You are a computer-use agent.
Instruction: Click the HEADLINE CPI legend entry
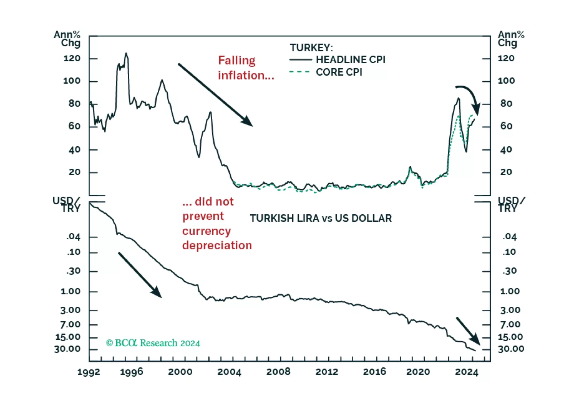[x=350, y=60]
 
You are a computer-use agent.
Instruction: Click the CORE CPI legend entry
[x=339, y=72]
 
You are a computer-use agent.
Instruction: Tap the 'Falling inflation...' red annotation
[x=246, y=68]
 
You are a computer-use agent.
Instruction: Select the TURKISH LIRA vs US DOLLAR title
[x=320, y=218]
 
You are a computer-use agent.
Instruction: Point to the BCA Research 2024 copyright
[x=153, y=343]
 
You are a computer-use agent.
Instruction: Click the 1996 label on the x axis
[x=131, y=372]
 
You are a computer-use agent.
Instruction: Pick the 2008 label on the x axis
[x=278, y=372]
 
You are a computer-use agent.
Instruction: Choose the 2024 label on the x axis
[x=466, y=372]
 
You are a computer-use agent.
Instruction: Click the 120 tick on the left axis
[x=72, y=58]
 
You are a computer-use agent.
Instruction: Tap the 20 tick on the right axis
[x=506, y=172]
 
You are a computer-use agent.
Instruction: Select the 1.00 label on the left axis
[x=71, y=291]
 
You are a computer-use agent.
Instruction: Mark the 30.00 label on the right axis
[x=511, y=349]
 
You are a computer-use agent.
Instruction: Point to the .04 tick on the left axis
[x=73, y=237]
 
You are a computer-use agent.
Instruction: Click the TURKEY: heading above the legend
[x=311, y=48]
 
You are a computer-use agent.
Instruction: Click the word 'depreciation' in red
[x=217, y=246]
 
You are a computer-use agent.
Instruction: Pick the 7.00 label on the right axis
[x=510, y=325]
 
